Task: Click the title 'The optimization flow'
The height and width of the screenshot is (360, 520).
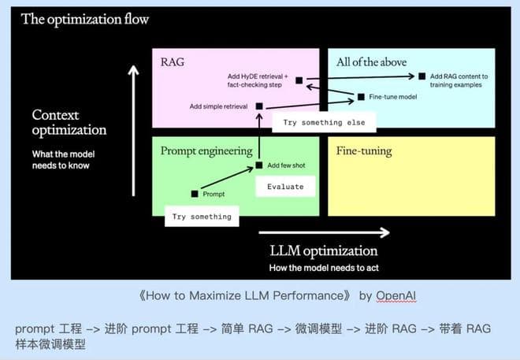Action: pos(84,19)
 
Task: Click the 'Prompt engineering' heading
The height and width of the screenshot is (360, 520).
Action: pos(206,150)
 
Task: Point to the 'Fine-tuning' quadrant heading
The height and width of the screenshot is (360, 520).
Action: pos(364,150)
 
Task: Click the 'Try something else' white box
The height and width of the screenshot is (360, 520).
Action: pos(324,122)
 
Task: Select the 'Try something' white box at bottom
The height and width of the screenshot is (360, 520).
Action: pos(201,216)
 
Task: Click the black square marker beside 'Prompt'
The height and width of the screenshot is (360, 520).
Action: pos(195,193)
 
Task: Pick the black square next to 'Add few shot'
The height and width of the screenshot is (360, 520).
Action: pos(258,165)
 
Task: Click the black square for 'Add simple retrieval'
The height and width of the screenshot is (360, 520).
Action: pos(258,106)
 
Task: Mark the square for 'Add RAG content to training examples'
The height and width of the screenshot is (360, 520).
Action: pos(422,76)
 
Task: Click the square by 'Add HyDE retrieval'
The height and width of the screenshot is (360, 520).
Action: pos(299,80)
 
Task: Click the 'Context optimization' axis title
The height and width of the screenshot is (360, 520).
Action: pos(69,123)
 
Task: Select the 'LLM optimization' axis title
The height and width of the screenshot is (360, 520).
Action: pos(323,251)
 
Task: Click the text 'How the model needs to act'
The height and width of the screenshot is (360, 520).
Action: pos(323,269)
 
